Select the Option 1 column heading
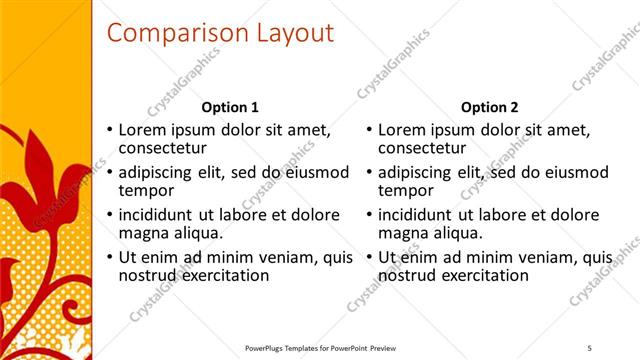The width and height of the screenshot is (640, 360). tap(230, 107)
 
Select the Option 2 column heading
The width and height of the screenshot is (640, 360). tap(489, 107)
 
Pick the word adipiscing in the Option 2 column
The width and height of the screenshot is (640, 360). tap(419, 172)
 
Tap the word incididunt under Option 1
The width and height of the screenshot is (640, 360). tap(163, 215)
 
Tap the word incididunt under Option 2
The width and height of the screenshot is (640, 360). tap(422, 215)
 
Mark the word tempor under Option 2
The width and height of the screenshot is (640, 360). tap(405, 190)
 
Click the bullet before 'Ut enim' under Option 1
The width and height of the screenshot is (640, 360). tap(109, 258)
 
